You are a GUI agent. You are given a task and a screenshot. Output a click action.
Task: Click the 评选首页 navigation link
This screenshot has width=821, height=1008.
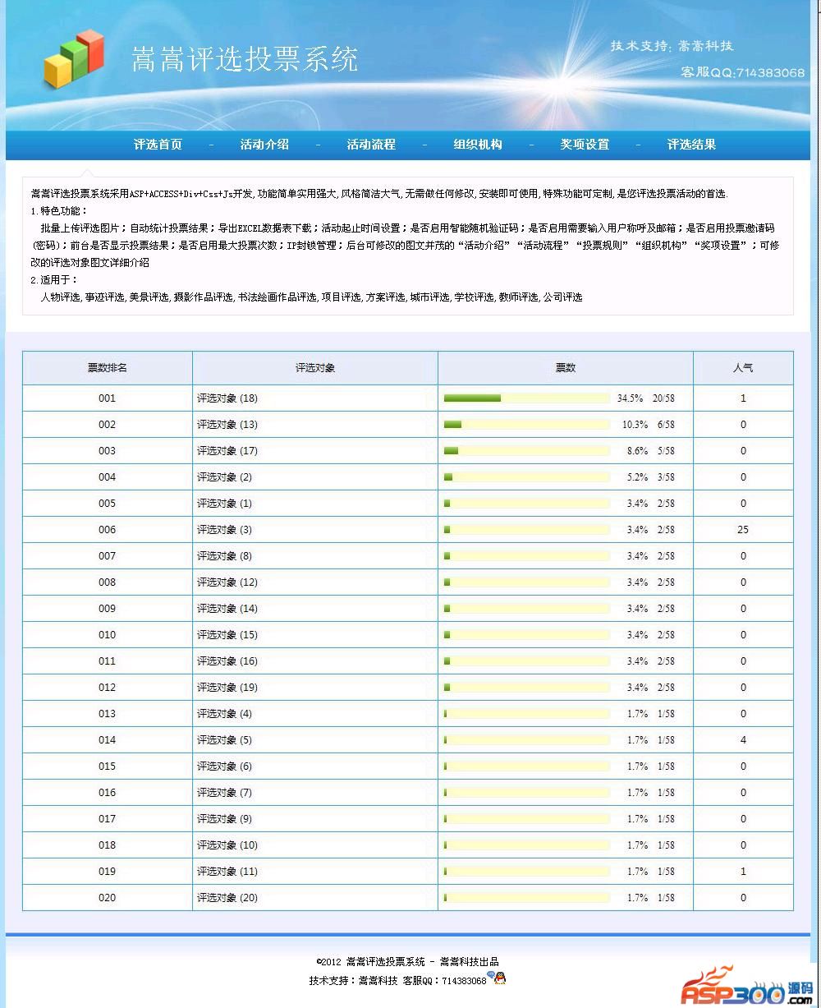pyautogui.click(x=158, y=145)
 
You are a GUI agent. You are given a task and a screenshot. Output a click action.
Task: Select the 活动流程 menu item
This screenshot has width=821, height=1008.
pyautogui.click(x=371, y=145)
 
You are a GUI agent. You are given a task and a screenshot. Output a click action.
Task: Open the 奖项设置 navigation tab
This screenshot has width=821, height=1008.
pyautogui.click(x=585, y=145)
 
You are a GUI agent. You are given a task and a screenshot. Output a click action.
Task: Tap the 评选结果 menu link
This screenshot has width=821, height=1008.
pyautogui.click(x=691, y=145)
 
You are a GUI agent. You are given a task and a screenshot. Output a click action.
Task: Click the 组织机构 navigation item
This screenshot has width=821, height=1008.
pyautogui.click(x=478, y=145)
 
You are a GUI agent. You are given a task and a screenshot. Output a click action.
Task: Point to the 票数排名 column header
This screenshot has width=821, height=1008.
pyautogui.click(x=108, y=368)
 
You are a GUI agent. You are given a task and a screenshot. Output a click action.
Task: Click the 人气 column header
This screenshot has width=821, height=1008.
pyautogui.click(x=743, y=368)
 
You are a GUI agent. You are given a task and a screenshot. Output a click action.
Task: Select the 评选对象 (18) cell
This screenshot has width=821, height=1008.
pyautogui.click(x=227, y=398)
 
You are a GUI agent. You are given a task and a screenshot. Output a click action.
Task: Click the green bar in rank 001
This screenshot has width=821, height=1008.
pyautogui.click(x=472, y=398)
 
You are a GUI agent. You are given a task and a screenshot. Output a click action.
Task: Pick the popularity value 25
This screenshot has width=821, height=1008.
pyautogui.click(x=743, y=530)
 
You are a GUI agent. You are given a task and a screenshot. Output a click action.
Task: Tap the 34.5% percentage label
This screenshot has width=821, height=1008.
pyautogui.click(x=631, y=398)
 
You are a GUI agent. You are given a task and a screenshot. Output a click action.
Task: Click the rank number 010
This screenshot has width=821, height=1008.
pyautogui.click(x=108, y=635)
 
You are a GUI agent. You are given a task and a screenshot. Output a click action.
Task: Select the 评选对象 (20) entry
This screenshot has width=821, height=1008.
pyautogui.click(x=227, y=898)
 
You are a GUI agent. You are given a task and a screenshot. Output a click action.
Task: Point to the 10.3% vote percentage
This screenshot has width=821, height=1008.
pyautogui.click(x=635, y=425)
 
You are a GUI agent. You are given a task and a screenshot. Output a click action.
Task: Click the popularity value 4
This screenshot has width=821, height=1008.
pyautogui.click(x=743, y=740)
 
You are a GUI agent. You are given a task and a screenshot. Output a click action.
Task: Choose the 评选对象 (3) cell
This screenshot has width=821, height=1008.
pyautogui.click(x=224, y=530)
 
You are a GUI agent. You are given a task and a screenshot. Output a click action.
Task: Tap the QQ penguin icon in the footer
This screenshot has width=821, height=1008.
pyautogui.click(x=498, y=978)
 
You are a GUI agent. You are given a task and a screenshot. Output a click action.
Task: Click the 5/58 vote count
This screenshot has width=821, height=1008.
pyautogui.click(x=666, y=451)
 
